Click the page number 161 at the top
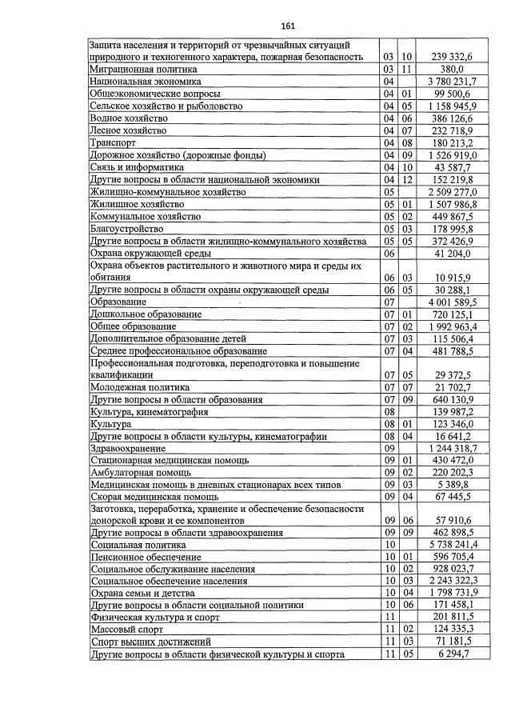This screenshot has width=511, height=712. click(x=256, y=25)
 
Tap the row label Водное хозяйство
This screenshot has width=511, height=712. click(x=129, y=118)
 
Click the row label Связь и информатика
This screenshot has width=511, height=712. click(x=137, y=168)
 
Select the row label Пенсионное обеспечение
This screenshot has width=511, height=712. click(x=146, y=558)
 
